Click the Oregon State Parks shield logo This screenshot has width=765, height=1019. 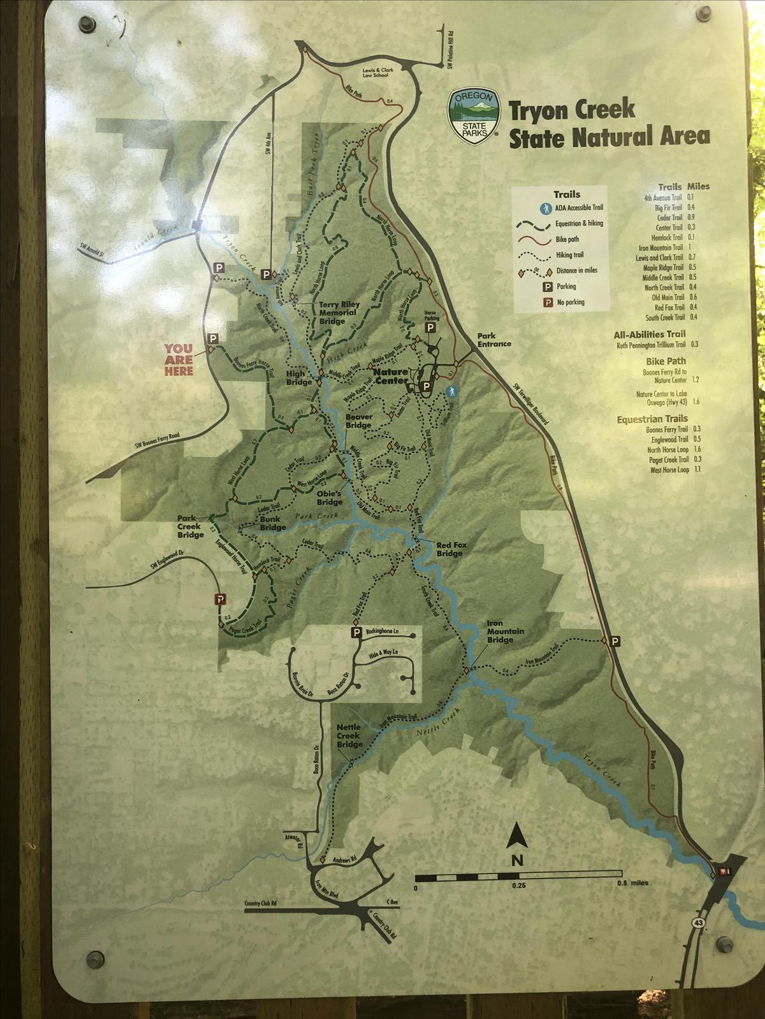(x=474, y=115)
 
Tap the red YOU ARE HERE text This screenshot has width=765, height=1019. (x=178, y=359)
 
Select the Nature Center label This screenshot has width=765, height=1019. (x=391, y=376)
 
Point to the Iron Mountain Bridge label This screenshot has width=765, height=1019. (x=506, y=631)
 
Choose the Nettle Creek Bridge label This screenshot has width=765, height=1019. (x=349, y=735)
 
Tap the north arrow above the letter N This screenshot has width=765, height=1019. (x=516, y=836)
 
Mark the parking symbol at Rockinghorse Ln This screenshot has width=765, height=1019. (x=356, y=632)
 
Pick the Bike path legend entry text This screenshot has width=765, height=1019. (x=567, y=240)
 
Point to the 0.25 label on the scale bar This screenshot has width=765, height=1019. (x=518, y=886)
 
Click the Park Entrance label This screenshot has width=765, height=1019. (x=494, y=340)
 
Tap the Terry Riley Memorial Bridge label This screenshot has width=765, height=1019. (x=339, y=313)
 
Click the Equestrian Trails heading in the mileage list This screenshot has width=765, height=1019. (x=652, y=419)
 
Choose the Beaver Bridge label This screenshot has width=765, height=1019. (x=359, y=421)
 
